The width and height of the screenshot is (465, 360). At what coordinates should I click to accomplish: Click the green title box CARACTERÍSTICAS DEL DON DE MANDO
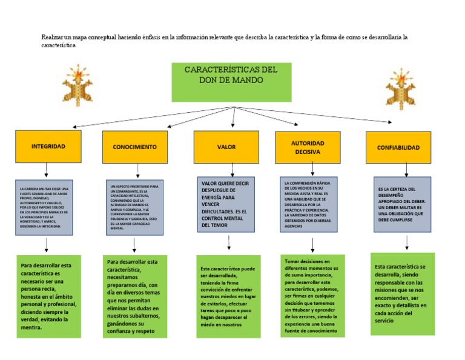pos(231,82)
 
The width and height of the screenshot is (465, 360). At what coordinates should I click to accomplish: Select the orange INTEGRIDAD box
pos(48,147)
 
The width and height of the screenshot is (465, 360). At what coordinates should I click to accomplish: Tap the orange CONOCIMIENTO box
pos(134,147)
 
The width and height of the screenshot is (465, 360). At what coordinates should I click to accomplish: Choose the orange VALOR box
pos(226,147)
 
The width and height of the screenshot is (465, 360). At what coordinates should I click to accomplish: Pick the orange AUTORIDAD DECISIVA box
pos(308,147)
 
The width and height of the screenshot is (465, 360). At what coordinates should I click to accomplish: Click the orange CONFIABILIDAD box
pos(398,147)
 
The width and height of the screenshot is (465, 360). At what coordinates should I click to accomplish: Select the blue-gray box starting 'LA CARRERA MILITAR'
pos(44,207)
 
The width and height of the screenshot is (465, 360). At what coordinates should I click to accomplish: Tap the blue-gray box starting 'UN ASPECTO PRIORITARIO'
pos(134,207)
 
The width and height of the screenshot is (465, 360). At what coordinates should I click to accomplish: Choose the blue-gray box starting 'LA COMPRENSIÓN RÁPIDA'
pos(309,204)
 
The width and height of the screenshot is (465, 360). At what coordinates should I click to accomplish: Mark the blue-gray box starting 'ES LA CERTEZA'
pos(402,204)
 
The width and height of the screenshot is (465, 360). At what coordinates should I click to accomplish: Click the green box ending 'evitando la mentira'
pos(48,296)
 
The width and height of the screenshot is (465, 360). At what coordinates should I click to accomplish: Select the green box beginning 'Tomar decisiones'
pos(312,296)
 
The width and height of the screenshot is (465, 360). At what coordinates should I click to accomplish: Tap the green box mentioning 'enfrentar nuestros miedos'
pos(228,296)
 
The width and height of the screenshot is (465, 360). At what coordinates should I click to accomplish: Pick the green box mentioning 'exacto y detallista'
pos(403,294)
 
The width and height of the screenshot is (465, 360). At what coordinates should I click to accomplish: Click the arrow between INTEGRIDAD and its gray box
pos(46,170)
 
